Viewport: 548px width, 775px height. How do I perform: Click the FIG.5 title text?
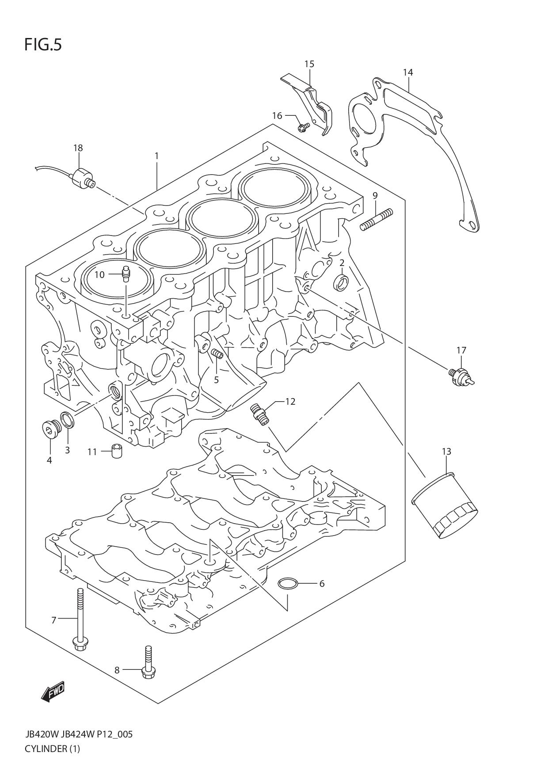[43, 45]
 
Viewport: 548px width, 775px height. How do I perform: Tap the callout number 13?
[446, 452]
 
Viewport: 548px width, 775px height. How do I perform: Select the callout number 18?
[78, 148]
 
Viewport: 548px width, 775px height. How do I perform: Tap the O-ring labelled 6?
[287, 584]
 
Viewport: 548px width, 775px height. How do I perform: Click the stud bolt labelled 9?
[376, 219]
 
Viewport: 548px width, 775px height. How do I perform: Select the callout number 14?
[407, 72]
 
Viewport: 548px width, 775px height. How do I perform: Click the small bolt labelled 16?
[303, 127]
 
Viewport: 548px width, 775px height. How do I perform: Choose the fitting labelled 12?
[259, 414]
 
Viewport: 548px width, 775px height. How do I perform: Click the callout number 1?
[156, 156]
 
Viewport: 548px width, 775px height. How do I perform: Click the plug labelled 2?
[342, 282]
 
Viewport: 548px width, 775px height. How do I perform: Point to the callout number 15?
[309, 64]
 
